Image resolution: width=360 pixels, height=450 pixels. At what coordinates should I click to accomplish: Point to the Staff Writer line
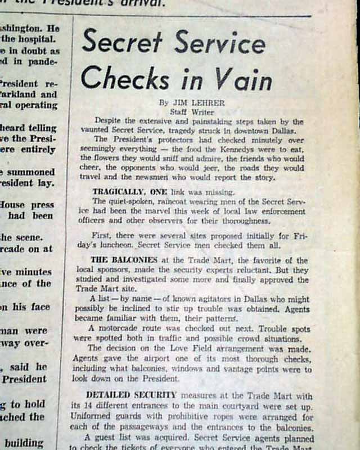[188, 112]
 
